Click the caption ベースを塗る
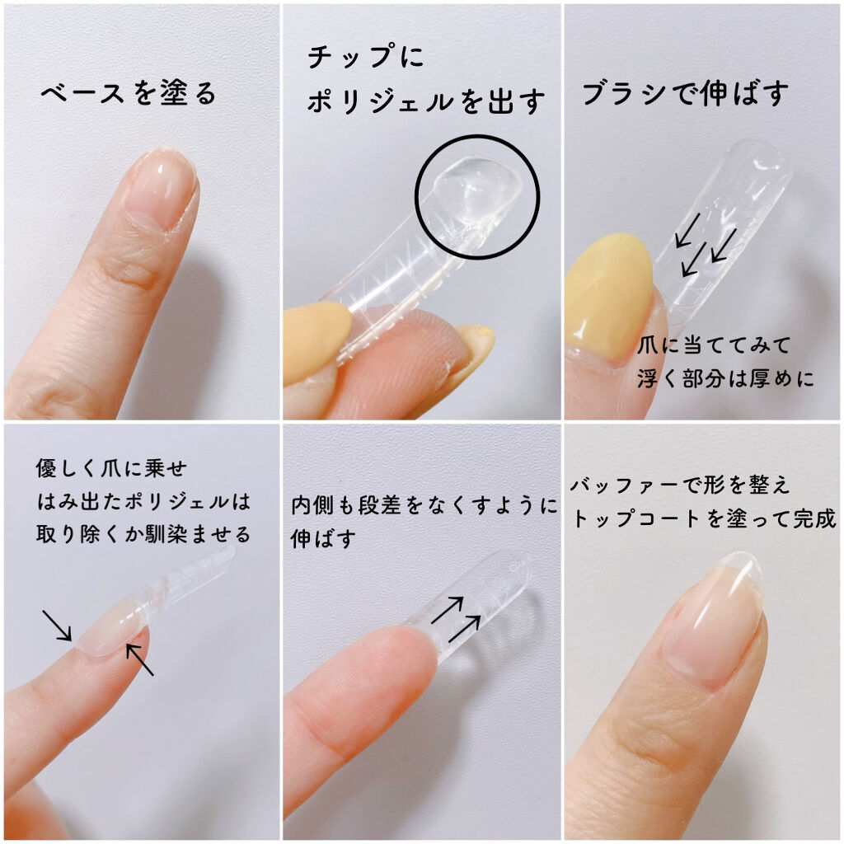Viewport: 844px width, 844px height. (129, 93)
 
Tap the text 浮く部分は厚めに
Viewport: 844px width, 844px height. (725, 379)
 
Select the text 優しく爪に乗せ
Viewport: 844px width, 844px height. (112, 468)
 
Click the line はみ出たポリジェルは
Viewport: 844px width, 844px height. (143, 500)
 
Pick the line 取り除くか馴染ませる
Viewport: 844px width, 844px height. (143, 533)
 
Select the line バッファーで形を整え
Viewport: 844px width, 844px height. (680, 485)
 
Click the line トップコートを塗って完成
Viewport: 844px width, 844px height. (704, 519)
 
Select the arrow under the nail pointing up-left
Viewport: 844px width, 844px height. (140, 660)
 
